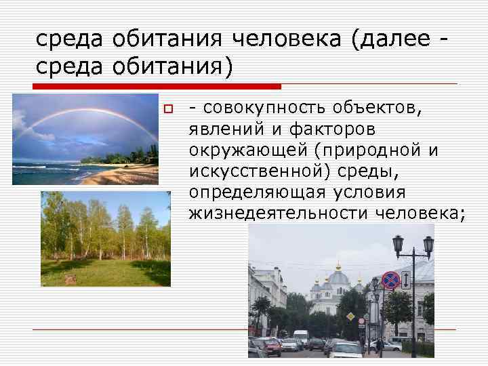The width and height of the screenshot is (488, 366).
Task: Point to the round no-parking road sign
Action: (390, 279)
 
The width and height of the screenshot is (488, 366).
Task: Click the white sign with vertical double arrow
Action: (405, 279)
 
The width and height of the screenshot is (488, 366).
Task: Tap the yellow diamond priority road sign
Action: (350, 317)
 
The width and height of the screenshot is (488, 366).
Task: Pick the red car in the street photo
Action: (272, 348)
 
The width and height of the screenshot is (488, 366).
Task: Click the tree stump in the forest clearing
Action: (70, 278)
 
